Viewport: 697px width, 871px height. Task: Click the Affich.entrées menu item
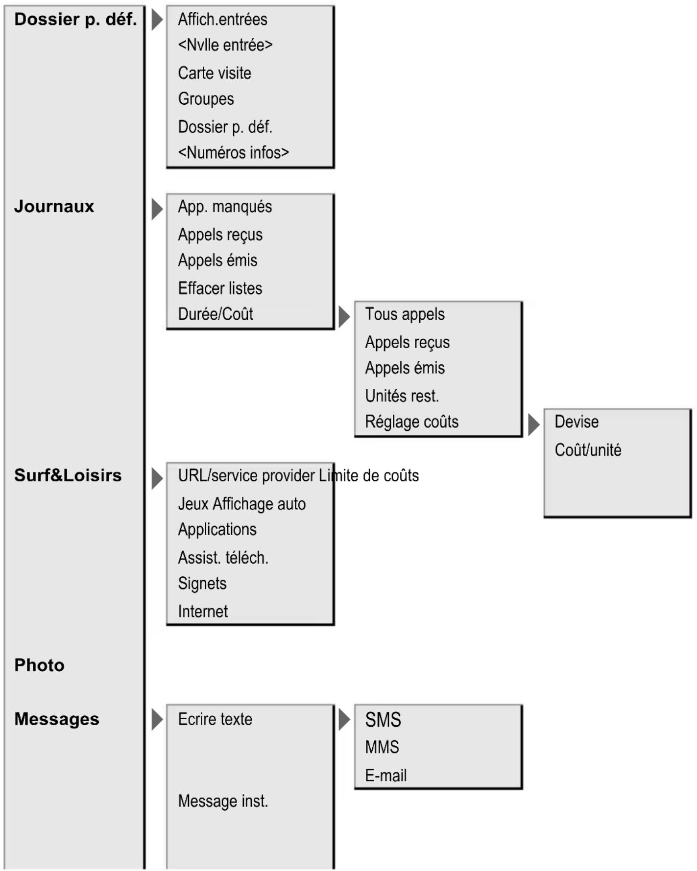coord(222,20)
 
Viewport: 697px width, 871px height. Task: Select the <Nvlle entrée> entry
coord(225,45)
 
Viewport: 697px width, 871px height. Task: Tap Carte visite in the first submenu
coord(215,73)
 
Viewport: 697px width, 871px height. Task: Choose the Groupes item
coord(206,99)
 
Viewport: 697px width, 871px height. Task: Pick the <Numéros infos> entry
coord(233,153)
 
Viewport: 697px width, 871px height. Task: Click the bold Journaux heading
coord(54,206)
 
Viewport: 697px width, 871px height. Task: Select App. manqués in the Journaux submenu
coord(225,207)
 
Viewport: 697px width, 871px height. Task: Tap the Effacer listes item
coord(220,288)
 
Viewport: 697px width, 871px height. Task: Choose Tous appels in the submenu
coord(405,314)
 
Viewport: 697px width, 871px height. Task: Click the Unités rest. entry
coord(402,396)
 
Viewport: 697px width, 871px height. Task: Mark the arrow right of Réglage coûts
coord(534,424)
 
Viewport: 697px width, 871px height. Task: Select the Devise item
coord(577,422)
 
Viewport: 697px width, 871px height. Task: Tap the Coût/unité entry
coord(588,450)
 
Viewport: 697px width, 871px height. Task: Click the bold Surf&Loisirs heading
coord(68,475)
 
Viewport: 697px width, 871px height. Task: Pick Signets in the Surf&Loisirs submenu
coord(202,584)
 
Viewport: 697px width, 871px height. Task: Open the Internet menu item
coord(203,612)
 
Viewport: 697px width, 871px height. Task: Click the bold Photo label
coord(39,665)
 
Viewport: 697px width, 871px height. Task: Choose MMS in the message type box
coord(382,747)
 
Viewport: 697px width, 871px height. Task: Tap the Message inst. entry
coord(223,801)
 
